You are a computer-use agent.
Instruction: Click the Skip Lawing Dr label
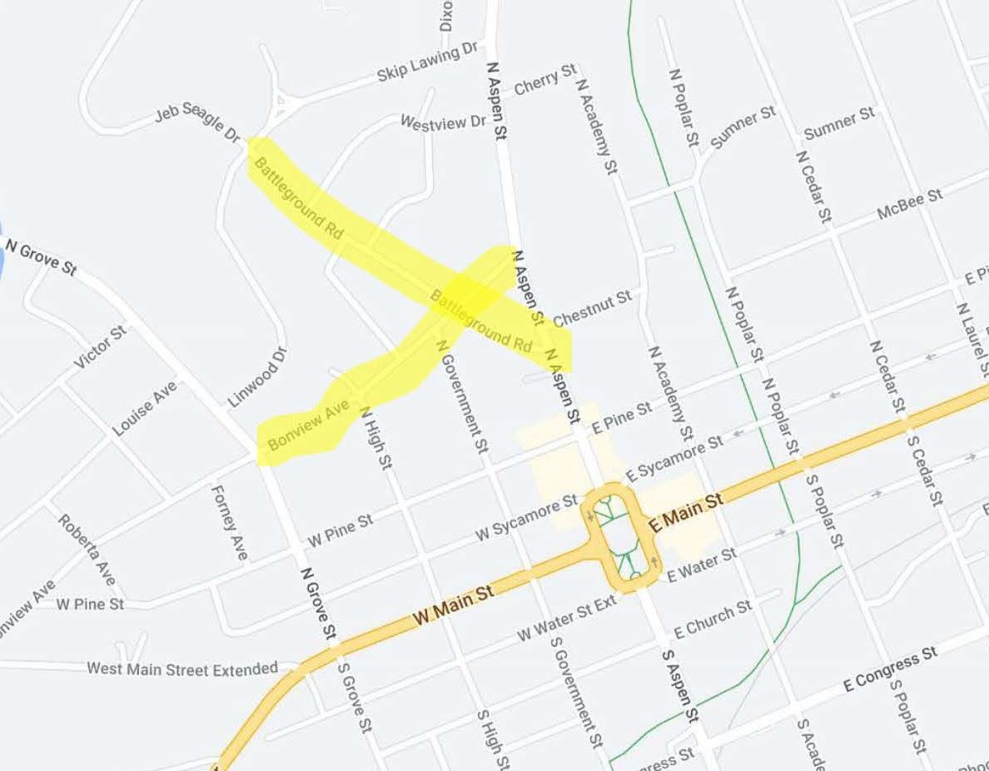[x=429, y=62]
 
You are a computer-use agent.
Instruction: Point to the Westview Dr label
[x=443, y=122]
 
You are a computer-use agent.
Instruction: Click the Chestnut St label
[x=592, y=308]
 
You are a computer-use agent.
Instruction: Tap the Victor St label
[x=101, y=347]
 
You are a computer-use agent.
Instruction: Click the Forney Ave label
[x=231, y=523]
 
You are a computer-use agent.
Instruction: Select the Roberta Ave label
[x=87, y=549]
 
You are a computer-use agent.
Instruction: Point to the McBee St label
[x=910, y=204]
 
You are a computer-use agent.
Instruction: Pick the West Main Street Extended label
[x=182, y=669]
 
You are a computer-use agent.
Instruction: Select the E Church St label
[x=713, y=619]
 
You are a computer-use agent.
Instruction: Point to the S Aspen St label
[x=679, y=685]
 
